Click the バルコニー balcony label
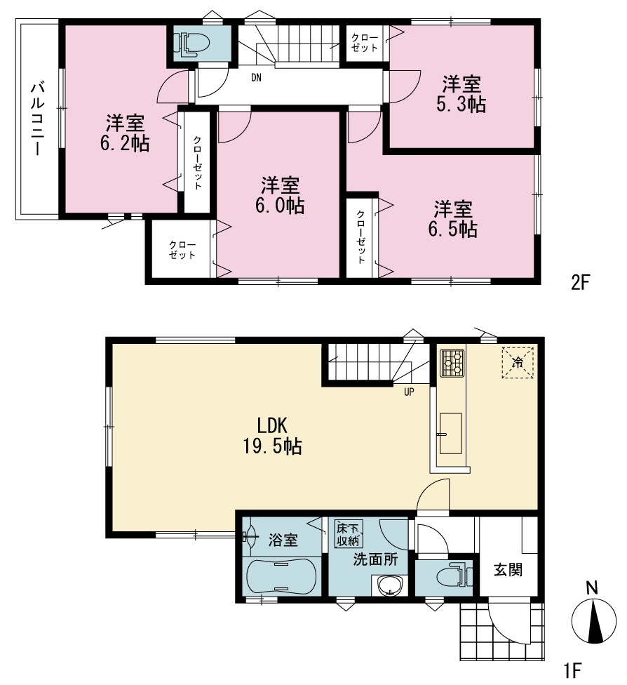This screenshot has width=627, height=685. click(37, 118)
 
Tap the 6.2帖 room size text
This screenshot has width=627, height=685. click(125, 143)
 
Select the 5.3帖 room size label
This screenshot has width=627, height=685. click(461, 105)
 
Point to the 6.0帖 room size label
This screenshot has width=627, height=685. click(280, 206)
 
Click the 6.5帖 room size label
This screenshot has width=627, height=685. click(453, 230)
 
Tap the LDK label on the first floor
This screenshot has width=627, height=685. click(271, 425)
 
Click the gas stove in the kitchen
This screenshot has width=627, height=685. click(452, 363)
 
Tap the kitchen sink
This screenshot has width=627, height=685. click(450, 433)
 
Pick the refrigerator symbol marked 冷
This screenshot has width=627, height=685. click(518, 362)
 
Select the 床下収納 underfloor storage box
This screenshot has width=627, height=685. click(348, 533)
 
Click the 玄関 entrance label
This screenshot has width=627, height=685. click(508, 570)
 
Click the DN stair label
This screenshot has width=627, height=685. click(256, 78)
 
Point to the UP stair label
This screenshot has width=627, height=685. click(409, 392)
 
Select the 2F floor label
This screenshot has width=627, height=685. click(580, 282)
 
